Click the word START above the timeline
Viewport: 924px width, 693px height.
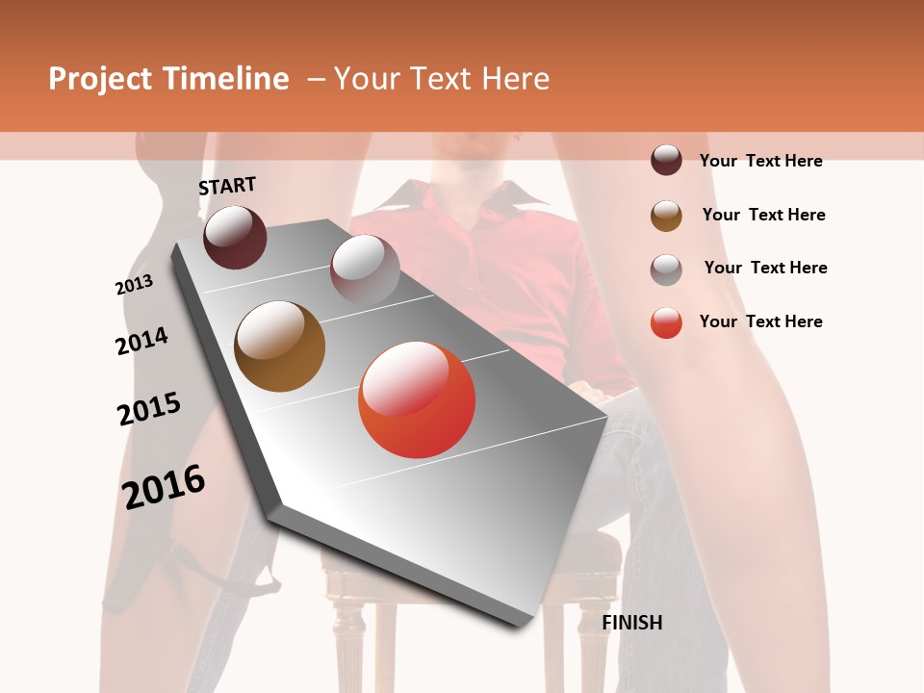point(227,185)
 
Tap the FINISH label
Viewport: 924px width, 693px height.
point(631,623)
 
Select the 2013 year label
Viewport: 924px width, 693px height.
point(134,285)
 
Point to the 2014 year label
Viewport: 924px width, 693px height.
point(141,341)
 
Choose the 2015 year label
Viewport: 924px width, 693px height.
point(149,409)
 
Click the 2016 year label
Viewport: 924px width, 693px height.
point(164,486)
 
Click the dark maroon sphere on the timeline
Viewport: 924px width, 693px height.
point(235,237)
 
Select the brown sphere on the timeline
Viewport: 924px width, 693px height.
point(279,346)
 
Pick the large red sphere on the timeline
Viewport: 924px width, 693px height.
point(416,398)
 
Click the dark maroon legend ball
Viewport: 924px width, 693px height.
point(666,160)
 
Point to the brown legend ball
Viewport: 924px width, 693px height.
point(666,215)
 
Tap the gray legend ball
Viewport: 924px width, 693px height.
point(666,269)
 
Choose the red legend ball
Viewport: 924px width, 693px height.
point(666,322)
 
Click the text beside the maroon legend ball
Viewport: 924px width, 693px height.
point(760,161)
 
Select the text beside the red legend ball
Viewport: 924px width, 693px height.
point(760,321)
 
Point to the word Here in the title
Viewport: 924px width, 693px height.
point(515,79)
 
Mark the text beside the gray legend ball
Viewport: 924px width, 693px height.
point(765,268)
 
